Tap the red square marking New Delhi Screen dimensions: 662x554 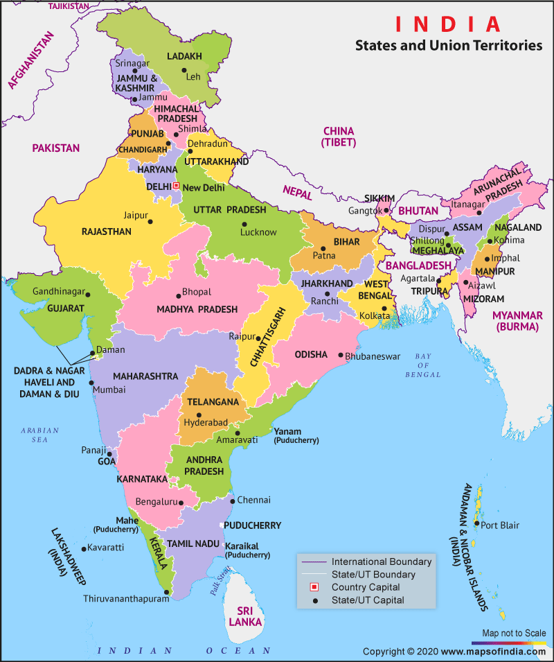(x=176, y=186)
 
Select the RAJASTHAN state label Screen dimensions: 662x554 (x=106, y=232)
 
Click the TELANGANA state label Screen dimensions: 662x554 (x=213, y=402)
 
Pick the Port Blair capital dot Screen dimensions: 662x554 (x=476, y=525)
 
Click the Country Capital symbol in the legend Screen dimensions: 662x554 (x=313, y=587)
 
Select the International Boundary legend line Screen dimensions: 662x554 (x=313, y=561)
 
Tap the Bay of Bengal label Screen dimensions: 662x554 (x=423, y=365)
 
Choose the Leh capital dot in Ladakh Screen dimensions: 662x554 (x=184, y=70)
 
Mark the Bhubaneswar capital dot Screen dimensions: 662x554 (x=341, y=356)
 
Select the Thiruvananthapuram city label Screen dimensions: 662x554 (x=125, y=598)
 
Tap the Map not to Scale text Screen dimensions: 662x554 (x=513, y=633)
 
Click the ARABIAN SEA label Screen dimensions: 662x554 (x=39, y=435)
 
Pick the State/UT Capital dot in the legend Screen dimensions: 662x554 (x=313, y=600)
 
